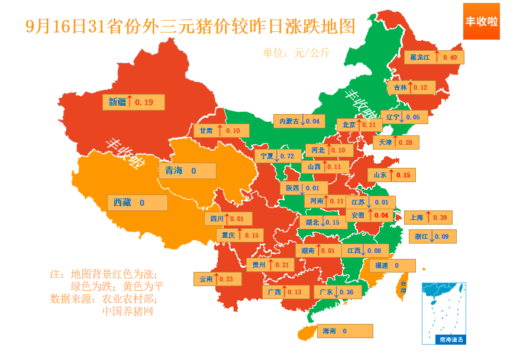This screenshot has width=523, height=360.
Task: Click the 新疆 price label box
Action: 133,102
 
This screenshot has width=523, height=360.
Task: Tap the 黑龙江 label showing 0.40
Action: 435,57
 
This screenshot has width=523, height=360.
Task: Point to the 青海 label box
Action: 187,171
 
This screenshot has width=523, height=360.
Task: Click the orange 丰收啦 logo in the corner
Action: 481,21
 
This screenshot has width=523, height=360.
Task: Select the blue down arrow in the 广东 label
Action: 335,292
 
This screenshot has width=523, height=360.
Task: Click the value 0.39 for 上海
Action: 440,218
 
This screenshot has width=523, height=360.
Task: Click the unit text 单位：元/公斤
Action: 296,53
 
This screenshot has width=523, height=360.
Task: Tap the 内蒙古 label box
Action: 299,121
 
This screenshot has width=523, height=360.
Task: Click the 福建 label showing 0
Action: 391,265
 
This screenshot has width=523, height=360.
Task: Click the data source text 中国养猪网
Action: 127,311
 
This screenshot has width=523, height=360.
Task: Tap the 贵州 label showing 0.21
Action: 270,264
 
